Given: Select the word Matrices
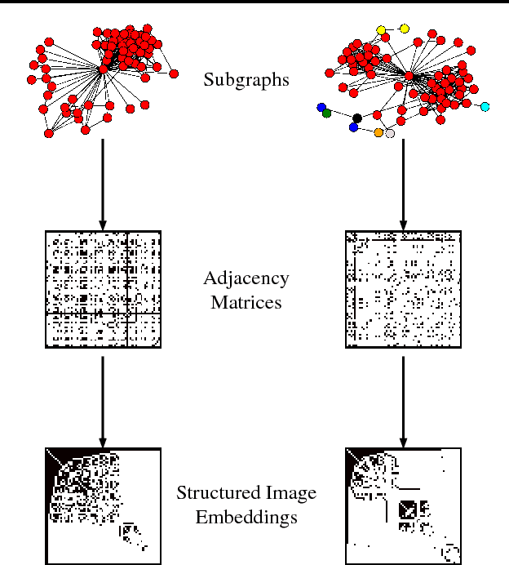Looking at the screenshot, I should pyautogui.click(x=246, y=302).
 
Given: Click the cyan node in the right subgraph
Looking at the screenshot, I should pyautogui.click(x=485, y=107).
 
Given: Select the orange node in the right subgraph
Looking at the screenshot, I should pyautogui.click(x=378, y=132).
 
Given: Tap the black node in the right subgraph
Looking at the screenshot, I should pyautogui.click(x=357, y=118).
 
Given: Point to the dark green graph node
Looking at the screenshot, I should pyautogui.click(x=327, y=113).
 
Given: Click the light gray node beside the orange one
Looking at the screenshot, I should pyautogui.click(x=390, y=133).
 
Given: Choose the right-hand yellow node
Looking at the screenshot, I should pyautogui.click(x=405, y=29).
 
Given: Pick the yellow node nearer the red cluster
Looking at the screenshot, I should pyautogui.click(x=381, y=31).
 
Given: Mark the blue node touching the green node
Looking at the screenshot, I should pyautogui.click(x=321, y=107).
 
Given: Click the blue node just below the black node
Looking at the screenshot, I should pyautogui.click(x=353, y=127).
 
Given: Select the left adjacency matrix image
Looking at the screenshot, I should pyautogui.click(x=103, y=289).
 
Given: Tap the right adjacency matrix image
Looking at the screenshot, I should pyautogui.click(x=403, y=289).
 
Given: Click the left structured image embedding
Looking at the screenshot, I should pyautogui.click(x=103, y=505).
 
